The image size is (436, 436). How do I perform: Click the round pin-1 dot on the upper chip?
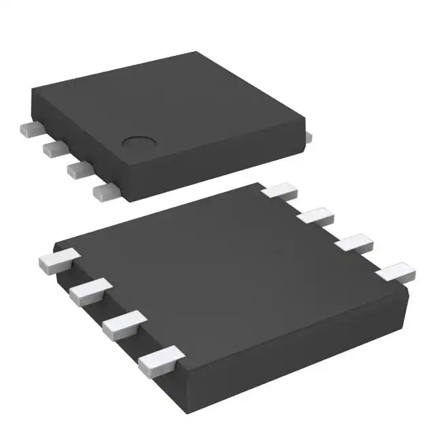click(x=138, y=143)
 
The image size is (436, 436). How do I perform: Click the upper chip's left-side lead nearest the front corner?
click(x=105, y=191)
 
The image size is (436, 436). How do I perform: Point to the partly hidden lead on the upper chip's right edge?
click(x=308, y=136)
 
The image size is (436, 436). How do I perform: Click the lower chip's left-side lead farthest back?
click(x=55, y=260)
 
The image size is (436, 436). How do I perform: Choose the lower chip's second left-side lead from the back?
click(x=87, y=292)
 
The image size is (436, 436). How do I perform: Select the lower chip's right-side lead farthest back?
click(x=279, y=190)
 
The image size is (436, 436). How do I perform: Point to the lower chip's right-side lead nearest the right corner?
click(x=396, y=272)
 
